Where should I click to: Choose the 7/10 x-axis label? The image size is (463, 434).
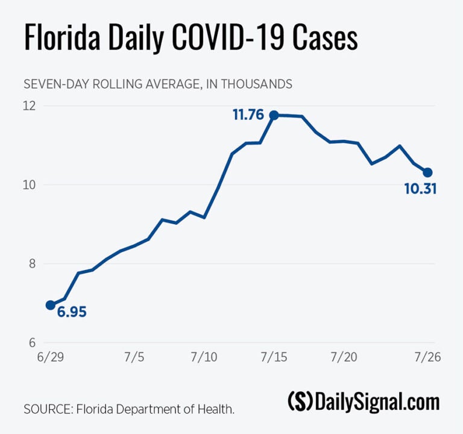pyautogui.click(x=203, y=357)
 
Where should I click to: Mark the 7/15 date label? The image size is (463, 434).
pyautogui.click(x=273, y=357)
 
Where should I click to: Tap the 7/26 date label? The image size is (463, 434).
pyautogui.click(x=427, y=357)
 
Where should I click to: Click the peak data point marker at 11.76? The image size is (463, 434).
pyautogui.click(x=274, y=115)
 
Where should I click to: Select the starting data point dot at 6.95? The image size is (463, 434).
pyautogui.click(x=51, y=305)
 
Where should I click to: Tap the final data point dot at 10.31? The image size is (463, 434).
pyautogui.click(x=427, y=172)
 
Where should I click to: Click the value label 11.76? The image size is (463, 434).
pyautogui.click(x=249, y=114)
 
